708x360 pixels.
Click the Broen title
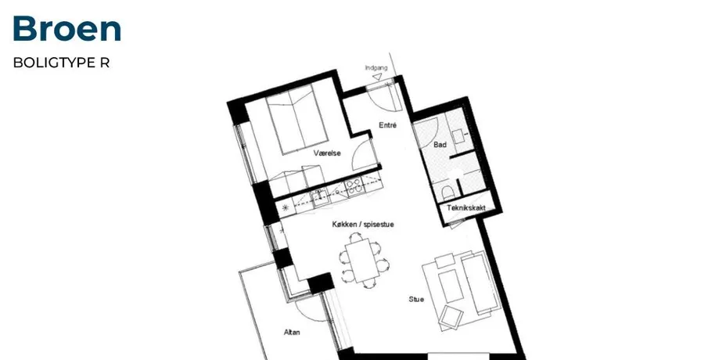(x=66, y=28)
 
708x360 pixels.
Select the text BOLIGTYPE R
(x=61, y=63)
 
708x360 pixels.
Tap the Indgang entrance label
(x=376, y=68)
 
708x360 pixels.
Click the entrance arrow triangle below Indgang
(x=377, y=77)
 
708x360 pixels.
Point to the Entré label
(x=387, y=125)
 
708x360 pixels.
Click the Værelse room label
(x=327, y=153)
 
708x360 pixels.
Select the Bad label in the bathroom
(x=440, y=145)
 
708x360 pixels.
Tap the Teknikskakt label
(x=466, y=207)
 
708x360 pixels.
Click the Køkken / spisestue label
(x=363, y=224)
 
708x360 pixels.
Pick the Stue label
(x=416, y=299)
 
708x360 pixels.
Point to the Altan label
(x=292, y=332)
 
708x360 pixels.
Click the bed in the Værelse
(x=296, y=119)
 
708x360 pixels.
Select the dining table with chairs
(x=363, y=260)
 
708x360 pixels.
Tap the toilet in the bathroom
(x=447, y=192)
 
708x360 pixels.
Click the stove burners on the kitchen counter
(x=354, y=186)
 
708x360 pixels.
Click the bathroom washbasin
(x=459, y=136)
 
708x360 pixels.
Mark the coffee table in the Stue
(x=451, y=286)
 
